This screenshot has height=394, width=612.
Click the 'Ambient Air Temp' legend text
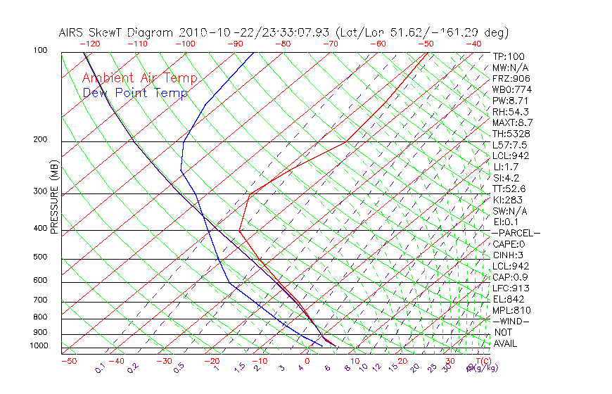139,78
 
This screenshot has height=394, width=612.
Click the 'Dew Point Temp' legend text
135,93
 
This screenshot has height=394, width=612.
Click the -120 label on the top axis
90,44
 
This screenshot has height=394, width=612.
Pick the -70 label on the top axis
329,44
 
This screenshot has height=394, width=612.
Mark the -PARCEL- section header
516,233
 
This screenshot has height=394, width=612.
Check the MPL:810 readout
510,310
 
